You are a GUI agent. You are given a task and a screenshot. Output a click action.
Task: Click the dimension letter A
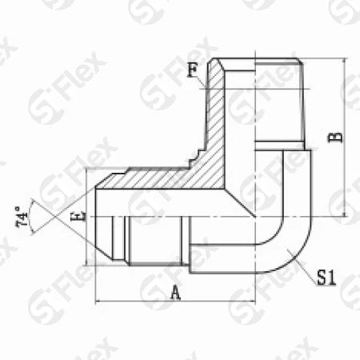(x=176, y=293)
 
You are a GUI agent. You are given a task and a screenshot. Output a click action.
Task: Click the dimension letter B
(x=336, y=137)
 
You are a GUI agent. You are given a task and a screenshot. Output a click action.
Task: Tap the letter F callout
(x=193, y=70)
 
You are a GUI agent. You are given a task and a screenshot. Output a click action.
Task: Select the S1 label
(x=326, y=278)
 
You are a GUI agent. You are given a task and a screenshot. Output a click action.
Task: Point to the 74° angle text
(x=22, y=216)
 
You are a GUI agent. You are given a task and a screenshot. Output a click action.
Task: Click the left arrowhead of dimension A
(x=98, y=302)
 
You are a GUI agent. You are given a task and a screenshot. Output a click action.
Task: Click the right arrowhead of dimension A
(x=253, y=302)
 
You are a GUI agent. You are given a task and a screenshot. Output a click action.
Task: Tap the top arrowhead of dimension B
(x=346, y=61)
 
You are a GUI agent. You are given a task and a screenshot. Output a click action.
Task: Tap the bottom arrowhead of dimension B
(x=346, y=214)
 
